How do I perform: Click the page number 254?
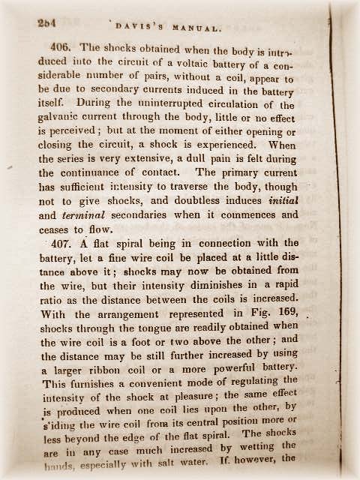[49, 23]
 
